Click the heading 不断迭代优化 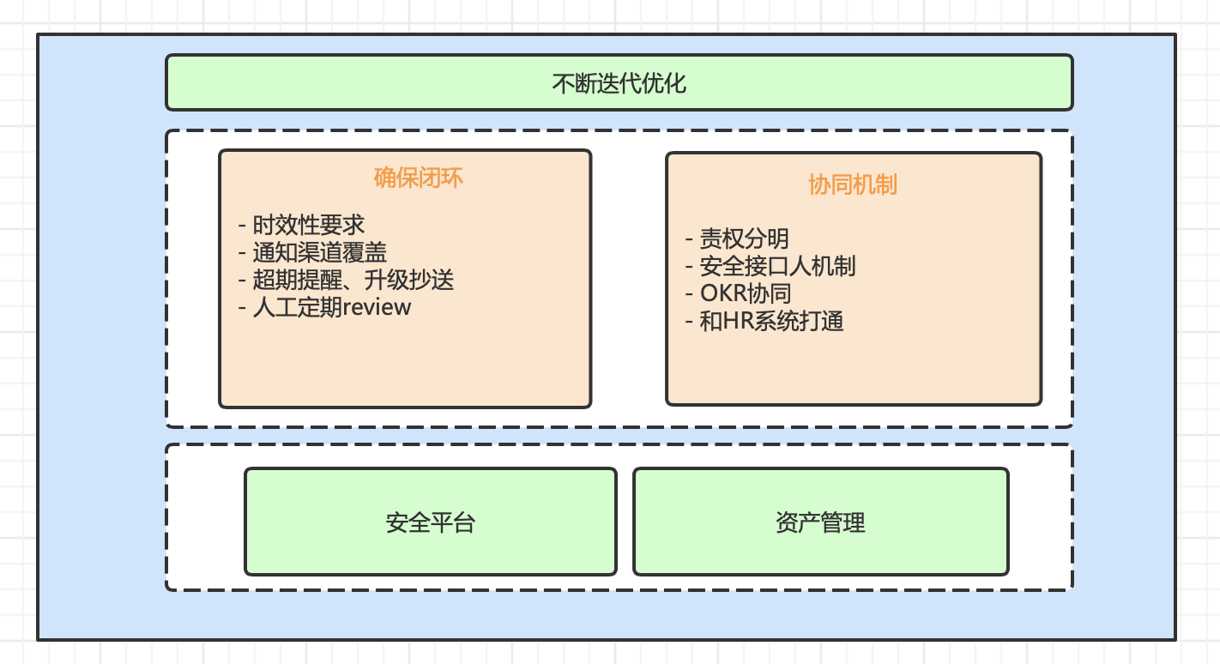tap(619, 84)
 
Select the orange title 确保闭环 tap(419, 178)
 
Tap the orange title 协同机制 tap(853, 184)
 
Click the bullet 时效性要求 tap(308, 225)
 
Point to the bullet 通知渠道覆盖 tap(319, 252)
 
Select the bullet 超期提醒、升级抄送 tap(353, 280)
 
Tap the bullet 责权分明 tap(744, 238)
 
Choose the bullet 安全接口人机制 tap(777, 266)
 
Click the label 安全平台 tap(431, 522)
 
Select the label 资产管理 tap(820, 522)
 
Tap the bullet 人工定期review tap(331, 307)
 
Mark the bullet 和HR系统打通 tap(771, 322)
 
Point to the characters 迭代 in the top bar tap(619, 84)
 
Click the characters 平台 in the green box tap(453, 522)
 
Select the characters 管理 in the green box tap(843, 522)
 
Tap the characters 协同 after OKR tap(769, 293)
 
